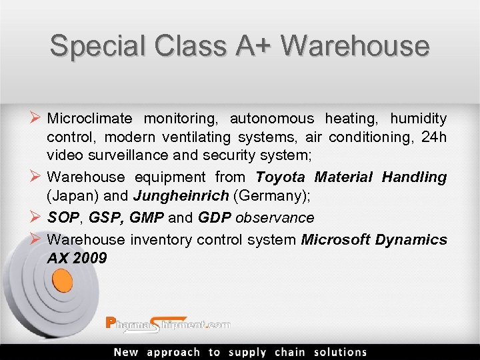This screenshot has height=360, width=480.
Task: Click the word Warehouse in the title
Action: (355, 46)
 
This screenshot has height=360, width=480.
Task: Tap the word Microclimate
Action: (90, 119)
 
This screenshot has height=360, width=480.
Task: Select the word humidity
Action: (419, 119)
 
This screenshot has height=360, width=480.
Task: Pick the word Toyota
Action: (281, 177)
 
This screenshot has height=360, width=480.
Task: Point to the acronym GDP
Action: (213, 217)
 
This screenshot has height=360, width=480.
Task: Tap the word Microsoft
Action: (336, 239)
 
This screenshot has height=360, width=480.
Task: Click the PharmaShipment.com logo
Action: (168, 324)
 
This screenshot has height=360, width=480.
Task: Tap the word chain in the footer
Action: (290, 352)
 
